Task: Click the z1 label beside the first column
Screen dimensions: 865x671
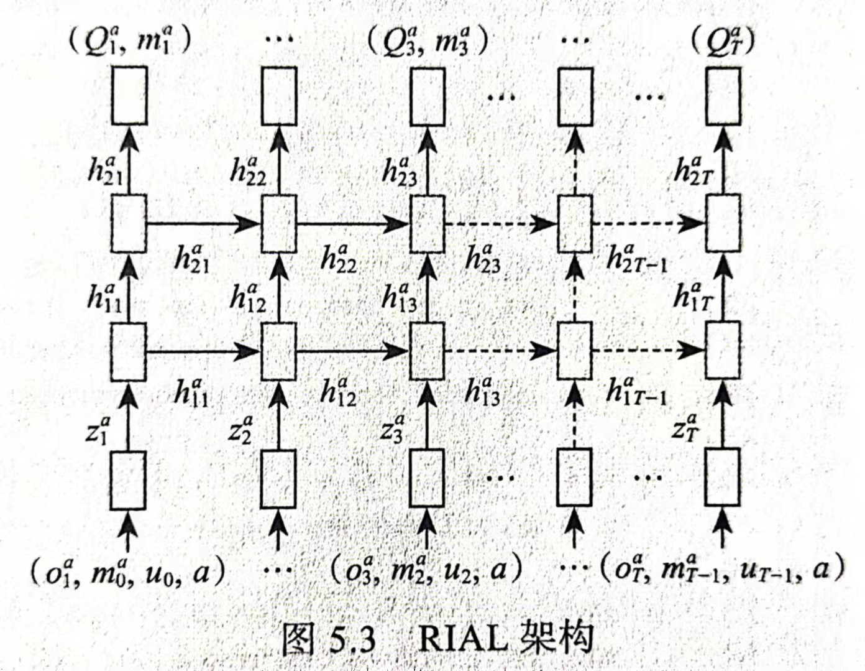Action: (x=98, y=431)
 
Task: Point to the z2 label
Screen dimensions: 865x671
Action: (x=241, y=431)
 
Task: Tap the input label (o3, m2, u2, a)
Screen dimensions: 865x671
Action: (x=426, y=574)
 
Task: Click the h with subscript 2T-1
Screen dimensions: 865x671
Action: (x=637, y=259)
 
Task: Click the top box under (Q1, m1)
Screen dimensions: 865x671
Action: (x=129, y=96)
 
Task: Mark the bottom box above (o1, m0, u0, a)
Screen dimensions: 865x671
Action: (x=128, y=480)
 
